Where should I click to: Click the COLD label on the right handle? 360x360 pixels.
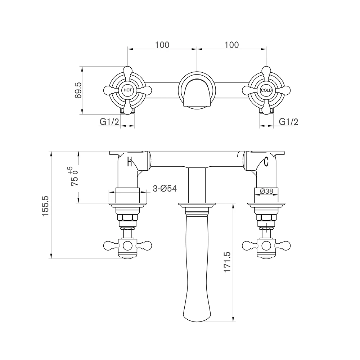(x=266, y=90)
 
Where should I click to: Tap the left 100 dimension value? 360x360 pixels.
(x=162, y=45)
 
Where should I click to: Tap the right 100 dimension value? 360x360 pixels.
(x=232, y=45)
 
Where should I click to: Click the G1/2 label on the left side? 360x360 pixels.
(x=109, y=122)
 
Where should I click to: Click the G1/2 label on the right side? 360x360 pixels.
(x=289, y=122)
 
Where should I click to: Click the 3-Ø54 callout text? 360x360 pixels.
(x=165, y=189)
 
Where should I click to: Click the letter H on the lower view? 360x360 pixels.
(x=130, y=162)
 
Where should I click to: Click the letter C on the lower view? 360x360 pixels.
(x=266, y=162)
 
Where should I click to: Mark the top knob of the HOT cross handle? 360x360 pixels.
(x=127, y=71)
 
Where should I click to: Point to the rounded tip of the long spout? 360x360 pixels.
(x=197, y=319)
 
